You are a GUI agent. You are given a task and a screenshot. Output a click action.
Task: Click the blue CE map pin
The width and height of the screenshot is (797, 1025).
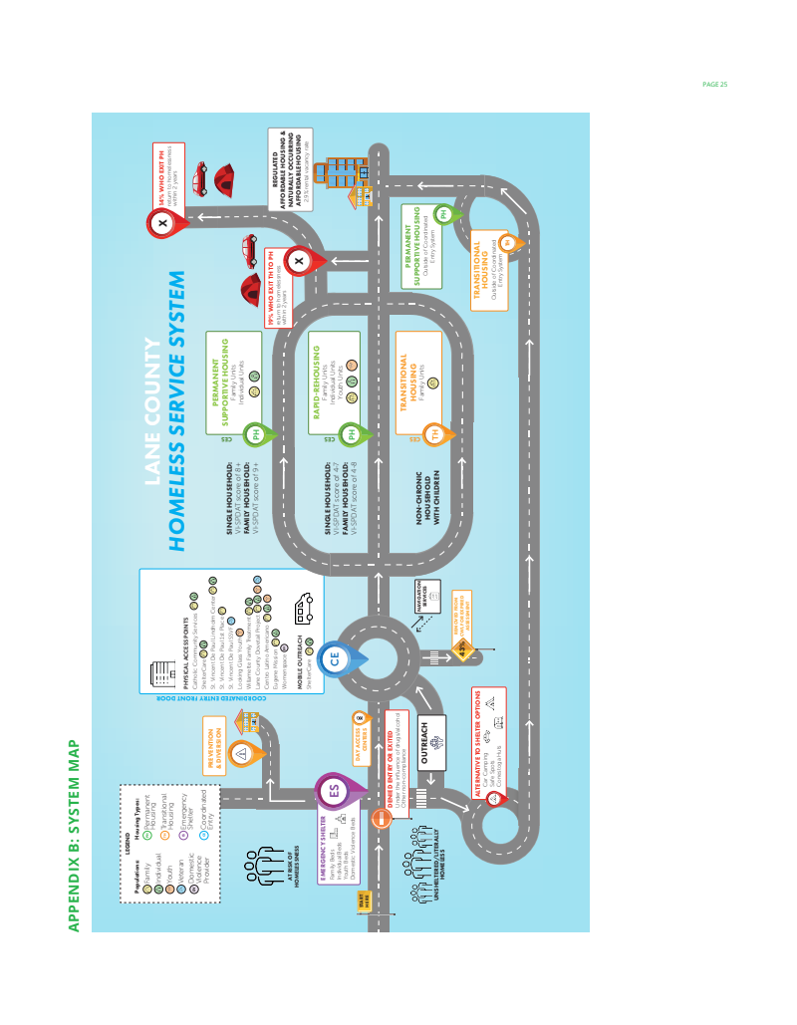click(337, 658)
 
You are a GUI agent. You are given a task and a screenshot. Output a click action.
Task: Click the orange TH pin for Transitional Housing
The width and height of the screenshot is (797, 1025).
click(435, 434)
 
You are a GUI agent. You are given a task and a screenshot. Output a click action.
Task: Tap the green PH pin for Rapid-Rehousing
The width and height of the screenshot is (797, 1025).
click(351, 433)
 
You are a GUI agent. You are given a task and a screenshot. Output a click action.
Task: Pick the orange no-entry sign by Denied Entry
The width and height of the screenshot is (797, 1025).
click(384, 818)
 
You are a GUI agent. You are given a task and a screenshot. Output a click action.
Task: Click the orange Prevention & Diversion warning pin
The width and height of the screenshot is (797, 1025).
click(242, 754)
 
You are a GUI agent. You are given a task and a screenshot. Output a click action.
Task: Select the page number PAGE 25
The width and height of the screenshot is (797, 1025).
click(715, 84)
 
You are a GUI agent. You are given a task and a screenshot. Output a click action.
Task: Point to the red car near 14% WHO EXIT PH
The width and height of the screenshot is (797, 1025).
click(199, 178)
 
